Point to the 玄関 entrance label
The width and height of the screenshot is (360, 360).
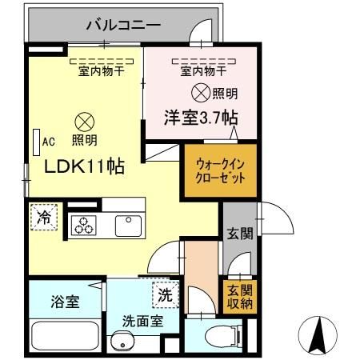coord(239,234)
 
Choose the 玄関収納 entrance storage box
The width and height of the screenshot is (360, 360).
coord(239,295)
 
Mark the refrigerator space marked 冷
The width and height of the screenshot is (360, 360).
coord(44,216)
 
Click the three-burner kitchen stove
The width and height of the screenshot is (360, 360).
coord(83,226)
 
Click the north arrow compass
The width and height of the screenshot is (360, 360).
coord(315,334)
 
